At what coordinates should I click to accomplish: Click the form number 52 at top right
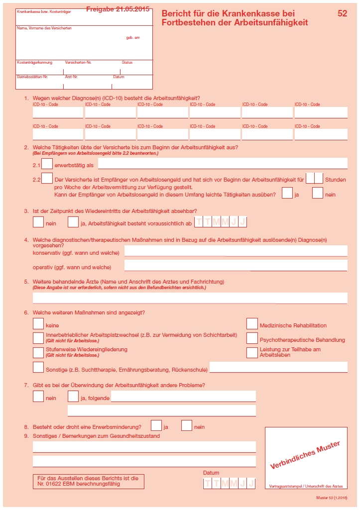342,14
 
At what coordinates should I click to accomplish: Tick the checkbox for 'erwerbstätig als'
47,164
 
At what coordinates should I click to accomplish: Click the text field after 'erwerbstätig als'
223,164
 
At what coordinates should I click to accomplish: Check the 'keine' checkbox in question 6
38,324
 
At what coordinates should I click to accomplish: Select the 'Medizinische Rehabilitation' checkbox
252,324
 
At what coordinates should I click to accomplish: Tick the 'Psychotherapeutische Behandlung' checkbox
252,339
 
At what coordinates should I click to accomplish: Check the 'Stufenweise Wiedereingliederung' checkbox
38,353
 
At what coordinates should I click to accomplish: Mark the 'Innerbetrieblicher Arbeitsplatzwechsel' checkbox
38,338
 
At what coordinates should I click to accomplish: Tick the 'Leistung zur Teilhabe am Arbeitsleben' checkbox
252,353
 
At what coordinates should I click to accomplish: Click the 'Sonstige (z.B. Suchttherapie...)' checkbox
38,368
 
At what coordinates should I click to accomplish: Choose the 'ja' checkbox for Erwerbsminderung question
156,425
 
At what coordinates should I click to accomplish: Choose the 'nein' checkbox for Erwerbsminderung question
187,425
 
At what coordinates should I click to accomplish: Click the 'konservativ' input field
236,251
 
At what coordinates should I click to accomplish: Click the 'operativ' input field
236,265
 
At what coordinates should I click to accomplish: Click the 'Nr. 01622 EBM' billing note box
88,481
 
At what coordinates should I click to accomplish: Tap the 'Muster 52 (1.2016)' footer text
331,498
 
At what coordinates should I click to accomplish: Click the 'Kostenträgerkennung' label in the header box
34,63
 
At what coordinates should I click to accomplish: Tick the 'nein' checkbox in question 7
38,397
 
